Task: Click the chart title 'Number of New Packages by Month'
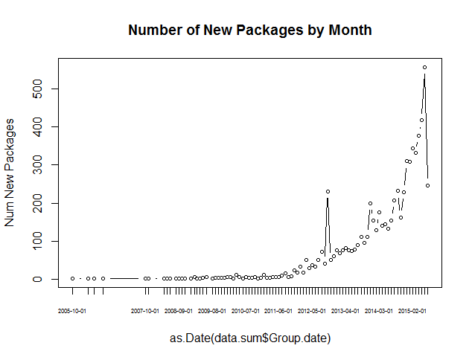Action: (249, 30)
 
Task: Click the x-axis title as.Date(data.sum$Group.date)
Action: (249, 338)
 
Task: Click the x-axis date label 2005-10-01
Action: (73, 310)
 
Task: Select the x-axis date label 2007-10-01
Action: (145, 310)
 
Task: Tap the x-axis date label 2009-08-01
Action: (212, 310)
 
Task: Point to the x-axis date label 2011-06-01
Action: (278, 310)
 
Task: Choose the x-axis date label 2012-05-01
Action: (312, 310)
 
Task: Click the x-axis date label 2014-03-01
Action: (379, 310)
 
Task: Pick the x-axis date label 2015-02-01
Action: (412, 310)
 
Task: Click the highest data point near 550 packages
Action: (424, 68)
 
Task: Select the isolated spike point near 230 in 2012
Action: (328, 191)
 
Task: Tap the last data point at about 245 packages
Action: (427, 185)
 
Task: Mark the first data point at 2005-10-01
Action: (72, 278)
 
